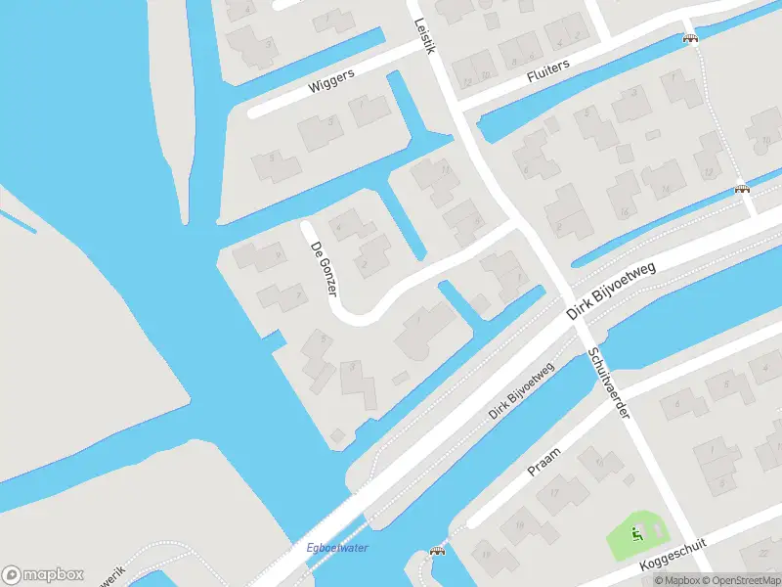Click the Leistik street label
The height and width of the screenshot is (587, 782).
[x=422, y=36]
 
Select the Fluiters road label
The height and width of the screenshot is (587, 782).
[x=547, y=68]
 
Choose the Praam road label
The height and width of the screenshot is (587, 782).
[x=543, y=465]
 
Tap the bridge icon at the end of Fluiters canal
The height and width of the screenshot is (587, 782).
[x=691, y=38]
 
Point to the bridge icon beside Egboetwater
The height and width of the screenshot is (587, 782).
[x=437, y=551]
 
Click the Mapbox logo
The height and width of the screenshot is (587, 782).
[x=43, y=574]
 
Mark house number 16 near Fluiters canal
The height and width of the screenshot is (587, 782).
[x=623, y=212]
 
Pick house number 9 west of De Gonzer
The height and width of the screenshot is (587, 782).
[x=279, y=256]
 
